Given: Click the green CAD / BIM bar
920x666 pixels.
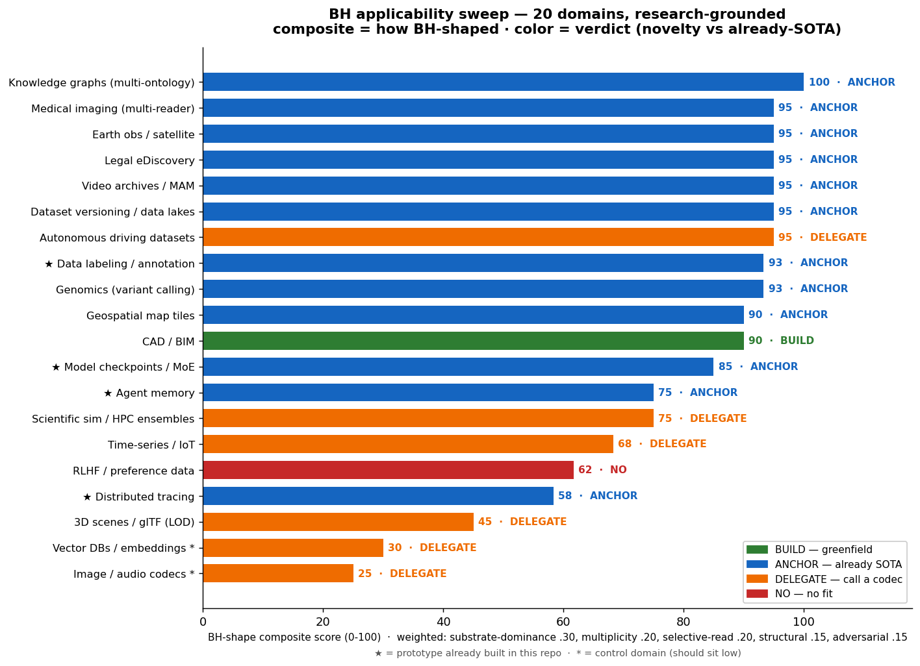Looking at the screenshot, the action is point(473,341).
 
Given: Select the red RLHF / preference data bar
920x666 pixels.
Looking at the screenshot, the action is point(388,470).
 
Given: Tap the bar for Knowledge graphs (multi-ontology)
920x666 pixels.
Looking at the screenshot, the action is point(503,82).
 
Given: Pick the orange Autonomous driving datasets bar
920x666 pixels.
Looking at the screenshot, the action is point(489,237).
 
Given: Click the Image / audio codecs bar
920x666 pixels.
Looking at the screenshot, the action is point(278,574).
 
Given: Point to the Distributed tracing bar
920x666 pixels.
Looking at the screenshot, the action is point(378,496).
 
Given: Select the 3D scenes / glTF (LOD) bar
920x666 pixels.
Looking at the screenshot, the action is point(338,522).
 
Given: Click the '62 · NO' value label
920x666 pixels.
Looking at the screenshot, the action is point(602,470).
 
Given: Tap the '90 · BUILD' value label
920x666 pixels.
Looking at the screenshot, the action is point(781,341).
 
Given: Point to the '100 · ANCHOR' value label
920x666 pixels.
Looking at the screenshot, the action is point(852,82).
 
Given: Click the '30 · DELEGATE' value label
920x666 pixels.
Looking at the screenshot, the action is point(432,548).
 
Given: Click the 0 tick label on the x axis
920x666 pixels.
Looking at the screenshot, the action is point(203,622).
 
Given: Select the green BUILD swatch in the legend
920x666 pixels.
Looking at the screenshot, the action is point(758,550).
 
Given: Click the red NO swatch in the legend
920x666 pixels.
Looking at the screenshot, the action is point(758,594).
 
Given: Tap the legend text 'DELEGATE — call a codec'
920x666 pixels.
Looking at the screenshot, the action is point(839,580).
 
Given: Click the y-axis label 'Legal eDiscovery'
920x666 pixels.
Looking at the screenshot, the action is point(149,160).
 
